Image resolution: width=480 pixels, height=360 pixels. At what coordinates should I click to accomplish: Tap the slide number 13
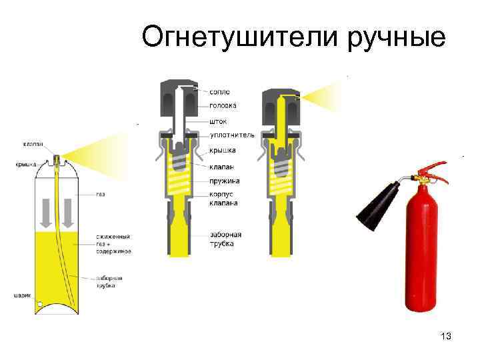coord(446,337)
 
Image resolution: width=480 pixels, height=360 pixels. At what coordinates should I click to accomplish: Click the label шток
coord(218,121)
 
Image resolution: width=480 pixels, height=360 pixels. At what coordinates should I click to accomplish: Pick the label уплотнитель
coord(232,135)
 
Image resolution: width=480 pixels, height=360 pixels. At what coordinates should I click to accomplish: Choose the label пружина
coord(224,181)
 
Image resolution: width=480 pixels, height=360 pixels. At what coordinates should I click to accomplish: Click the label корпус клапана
coord(223,199)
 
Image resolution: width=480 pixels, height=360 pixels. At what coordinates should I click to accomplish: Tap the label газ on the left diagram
coord(100,194)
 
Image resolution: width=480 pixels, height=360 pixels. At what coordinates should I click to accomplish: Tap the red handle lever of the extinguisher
coord(432,165)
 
